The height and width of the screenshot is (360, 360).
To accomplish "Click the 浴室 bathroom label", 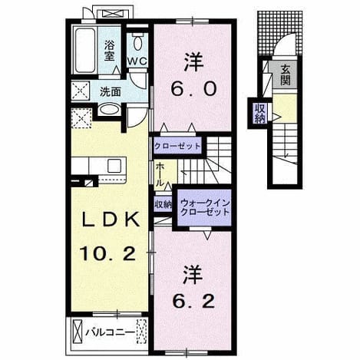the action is (x=109, y=51).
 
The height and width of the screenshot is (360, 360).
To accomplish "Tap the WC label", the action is (x=137, y=61).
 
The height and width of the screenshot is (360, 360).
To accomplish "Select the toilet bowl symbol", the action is (x=137, y=41).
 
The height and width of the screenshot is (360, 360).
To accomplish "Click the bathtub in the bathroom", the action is (x=84, y=50).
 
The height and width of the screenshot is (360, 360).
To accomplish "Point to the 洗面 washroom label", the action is (x=111, y=92).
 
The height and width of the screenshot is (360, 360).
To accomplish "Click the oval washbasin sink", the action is (x=110, y=110).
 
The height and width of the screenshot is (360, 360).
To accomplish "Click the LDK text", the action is (x=111, y=220).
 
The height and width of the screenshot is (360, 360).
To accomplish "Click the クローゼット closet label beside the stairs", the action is (x=177, y=147).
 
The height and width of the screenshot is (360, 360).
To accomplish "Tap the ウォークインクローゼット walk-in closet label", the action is (x=204, y=208).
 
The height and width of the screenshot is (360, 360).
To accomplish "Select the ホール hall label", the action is (x=159, y=174).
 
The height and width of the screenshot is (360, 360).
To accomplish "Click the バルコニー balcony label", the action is (x=110, y=332).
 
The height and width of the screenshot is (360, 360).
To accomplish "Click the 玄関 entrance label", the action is (x=285, y=74).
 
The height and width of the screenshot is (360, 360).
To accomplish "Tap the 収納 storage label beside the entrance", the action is (x=259, y=113).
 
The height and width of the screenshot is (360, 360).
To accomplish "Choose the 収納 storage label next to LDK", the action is (x=163, y=204).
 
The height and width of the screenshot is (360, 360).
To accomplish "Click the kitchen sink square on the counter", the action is (x=114, y=165).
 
